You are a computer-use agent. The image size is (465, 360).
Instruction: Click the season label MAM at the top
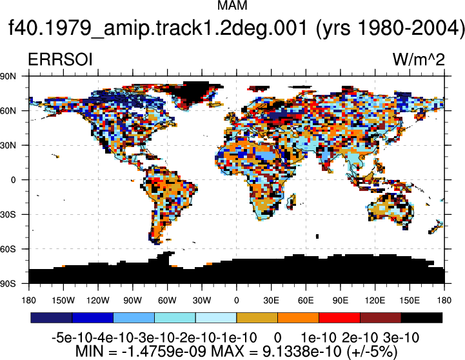tap(232, 5)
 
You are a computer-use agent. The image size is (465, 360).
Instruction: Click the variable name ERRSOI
tap(60, 59)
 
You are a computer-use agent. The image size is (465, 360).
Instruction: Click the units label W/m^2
tap(419, 59)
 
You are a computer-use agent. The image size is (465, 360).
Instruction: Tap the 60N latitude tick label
tap(8, 111)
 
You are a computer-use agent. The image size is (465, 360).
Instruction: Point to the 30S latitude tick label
tap(8, 214)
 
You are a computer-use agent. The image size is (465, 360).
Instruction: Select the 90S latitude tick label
tap(8, 284)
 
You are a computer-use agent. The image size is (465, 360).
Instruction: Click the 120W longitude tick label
tap(98, 301)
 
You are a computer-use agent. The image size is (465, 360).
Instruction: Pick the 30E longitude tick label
tap(271, 301)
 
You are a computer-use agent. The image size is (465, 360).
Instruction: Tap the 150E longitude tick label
tap(410, 301)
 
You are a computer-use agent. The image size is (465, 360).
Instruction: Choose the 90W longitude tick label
tap(133, 301)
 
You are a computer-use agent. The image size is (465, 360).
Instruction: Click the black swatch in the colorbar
tap(422, 317)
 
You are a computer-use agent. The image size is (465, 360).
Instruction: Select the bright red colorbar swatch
tap(339, 317)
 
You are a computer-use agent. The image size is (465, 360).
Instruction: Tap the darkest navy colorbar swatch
tap(52, 317)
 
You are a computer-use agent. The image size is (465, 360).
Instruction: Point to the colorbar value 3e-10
tap(401, 338)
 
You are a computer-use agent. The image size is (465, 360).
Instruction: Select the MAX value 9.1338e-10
tap(302, 352)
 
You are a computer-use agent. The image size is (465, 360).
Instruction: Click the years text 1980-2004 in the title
tap(409, 28)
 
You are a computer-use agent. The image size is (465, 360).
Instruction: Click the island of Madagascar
tap(292, 201)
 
